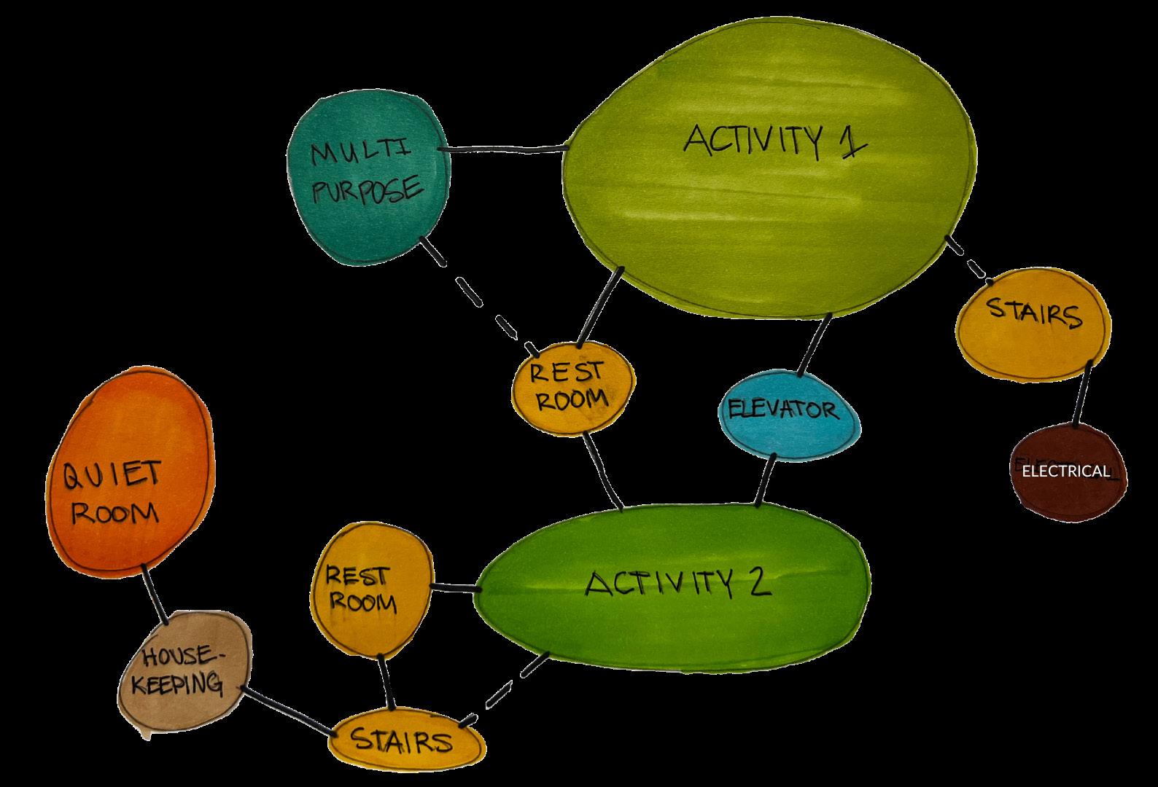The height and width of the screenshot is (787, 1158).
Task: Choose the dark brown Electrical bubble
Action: click(x=1067, y=471)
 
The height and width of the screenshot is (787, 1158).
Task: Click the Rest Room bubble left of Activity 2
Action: click(x=369, y=590)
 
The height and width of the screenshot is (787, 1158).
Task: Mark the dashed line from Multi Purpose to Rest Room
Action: click(x=477, y=295)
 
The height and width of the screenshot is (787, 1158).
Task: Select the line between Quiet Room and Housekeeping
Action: click(x=155, y=594)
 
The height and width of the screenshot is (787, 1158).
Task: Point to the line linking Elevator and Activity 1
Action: click(x=815, y=345)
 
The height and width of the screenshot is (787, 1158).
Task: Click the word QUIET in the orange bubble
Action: click(x=112, y=477)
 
